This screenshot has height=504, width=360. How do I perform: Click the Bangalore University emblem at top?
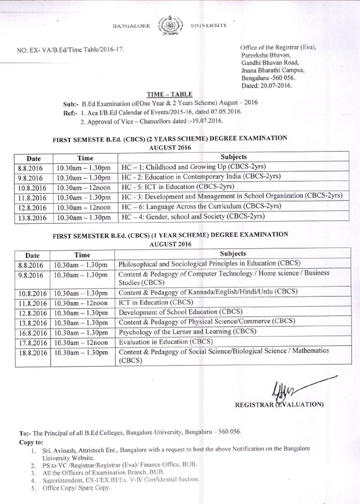pyautogui.click(x=166, y=25)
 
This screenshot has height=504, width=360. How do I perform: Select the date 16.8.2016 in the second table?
pyautogui.click(x=30, y=332)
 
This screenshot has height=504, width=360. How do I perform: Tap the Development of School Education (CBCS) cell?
pyautogui.click(x=173, y=312)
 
